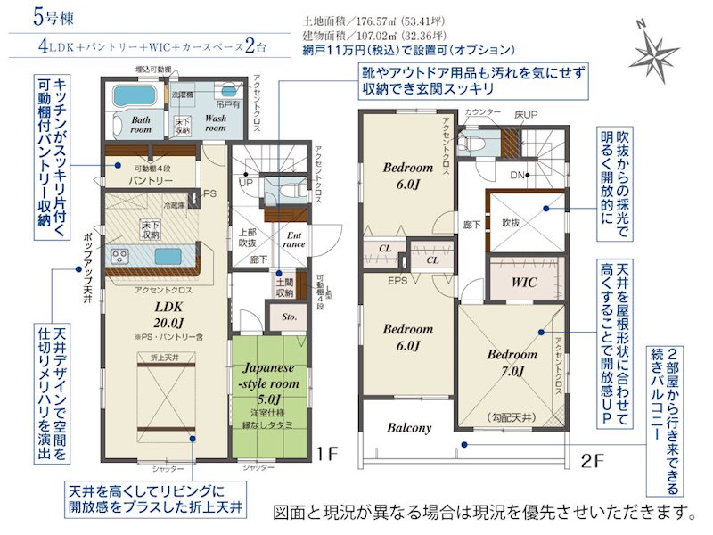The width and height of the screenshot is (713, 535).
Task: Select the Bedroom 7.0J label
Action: (512, 362)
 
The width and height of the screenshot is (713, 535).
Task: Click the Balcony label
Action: (408, 428)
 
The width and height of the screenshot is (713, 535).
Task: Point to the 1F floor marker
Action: (328, 454)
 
